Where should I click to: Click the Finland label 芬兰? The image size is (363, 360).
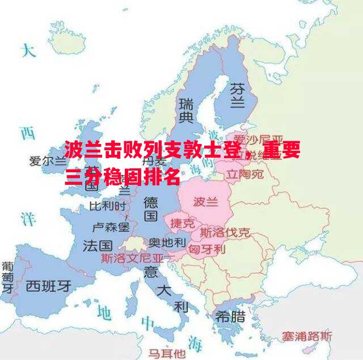click(x=237, y=95)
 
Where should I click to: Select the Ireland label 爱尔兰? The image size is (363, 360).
click(x=48, y=161)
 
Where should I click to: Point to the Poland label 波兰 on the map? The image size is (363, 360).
click(x=205, y=201)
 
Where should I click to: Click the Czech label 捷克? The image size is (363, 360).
click(x=182, y=223)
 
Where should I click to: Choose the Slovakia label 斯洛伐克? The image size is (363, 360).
click(x=225, y=232)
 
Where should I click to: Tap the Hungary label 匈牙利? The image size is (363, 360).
click(x=207, y=249)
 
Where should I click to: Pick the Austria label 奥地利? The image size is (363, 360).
click(x=167, y=242)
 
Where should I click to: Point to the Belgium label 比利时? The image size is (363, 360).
click(x=107, y=205)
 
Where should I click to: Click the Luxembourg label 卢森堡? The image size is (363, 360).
click(x=111, y=227)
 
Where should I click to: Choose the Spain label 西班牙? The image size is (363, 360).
click(x=49, y=285)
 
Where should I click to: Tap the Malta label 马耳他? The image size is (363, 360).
click(x=167, y=353)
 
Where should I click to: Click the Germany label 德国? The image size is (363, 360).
click(x=150, y=209)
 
